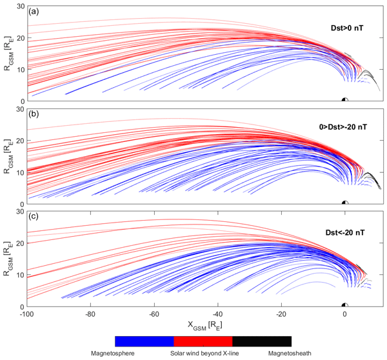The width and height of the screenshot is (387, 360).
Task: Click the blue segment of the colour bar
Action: pos(144,341)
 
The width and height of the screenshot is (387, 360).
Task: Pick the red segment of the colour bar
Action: pos(203,341)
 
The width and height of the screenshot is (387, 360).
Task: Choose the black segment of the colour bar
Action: pos(262,341)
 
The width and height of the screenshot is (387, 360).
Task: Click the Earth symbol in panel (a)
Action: pos(345,99)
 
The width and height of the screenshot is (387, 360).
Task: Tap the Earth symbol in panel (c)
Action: pos(345,305)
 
